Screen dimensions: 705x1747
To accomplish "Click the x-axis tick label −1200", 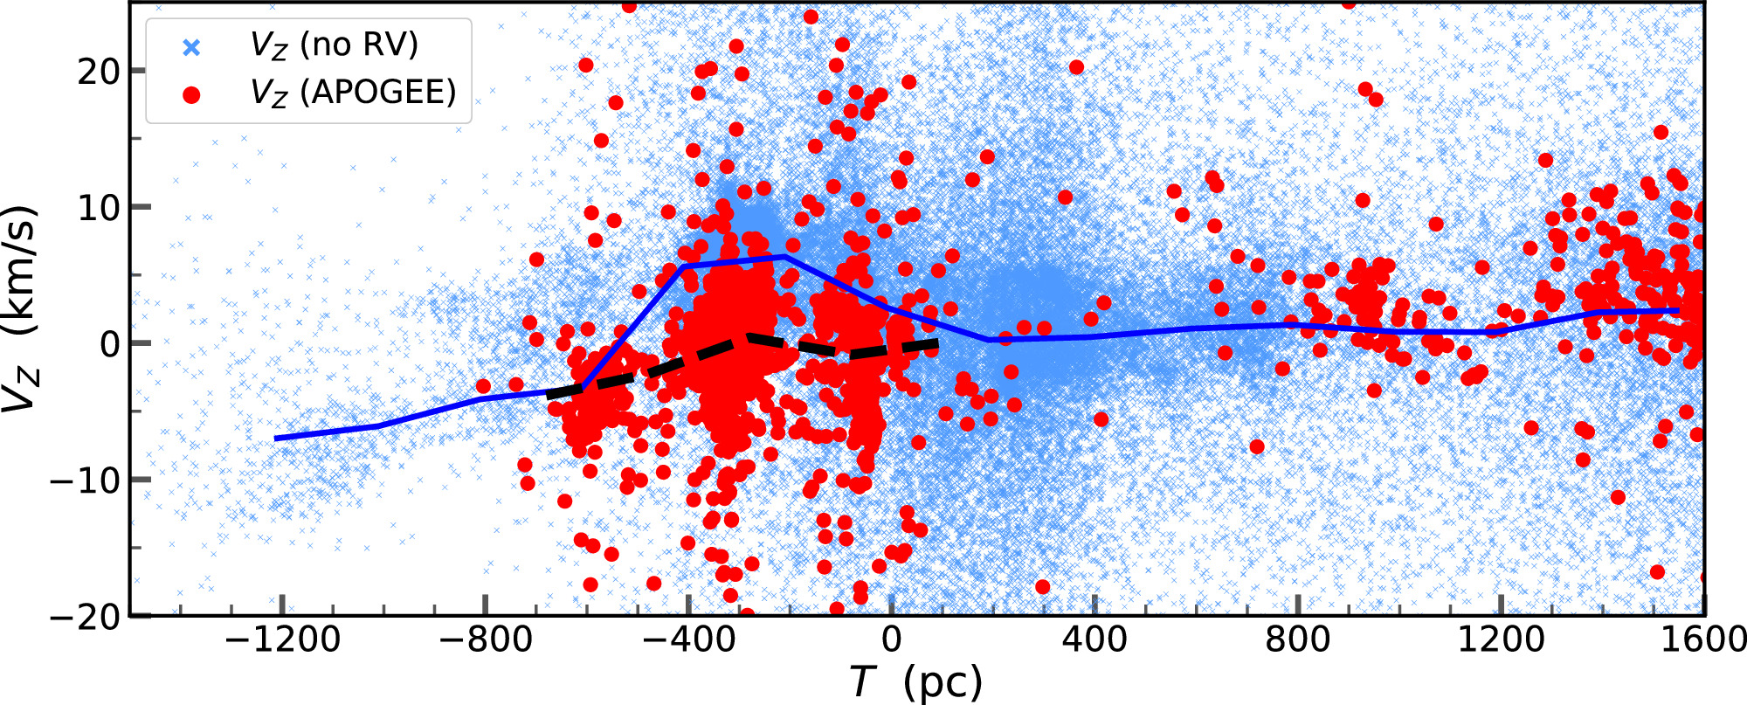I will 282,640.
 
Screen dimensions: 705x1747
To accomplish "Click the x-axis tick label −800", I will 485,640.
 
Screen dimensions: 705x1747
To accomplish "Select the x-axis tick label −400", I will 687,640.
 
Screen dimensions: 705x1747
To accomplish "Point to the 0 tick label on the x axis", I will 891,640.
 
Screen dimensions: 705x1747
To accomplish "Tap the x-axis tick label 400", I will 1094,640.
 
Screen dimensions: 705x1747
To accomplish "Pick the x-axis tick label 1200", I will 1500,640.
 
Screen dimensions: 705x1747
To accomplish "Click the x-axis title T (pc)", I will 915,682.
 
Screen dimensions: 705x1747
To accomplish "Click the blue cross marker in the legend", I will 191,47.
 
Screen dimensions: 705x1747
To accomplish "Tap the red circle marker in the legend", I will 191,93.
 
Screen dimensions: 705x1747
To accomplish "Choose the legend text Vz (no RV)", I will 335,45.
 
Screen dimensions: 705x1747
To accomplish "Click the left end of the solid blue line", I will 276,438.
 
